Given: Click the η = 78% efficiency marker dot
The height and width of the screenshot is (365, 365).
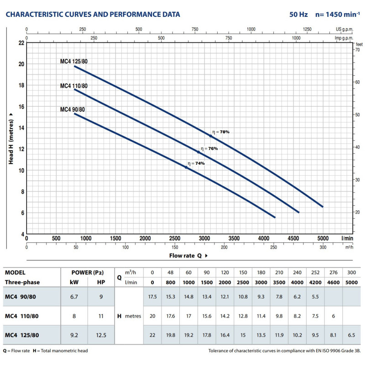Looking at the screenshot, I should click(x=211, y=136).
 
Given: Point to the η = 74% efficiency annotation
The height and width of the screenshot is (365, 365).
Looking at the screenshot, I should click(x=196, y=163).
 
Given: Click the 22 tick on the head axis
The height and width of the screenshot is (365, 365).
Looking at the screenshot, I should click(x=21, y=43).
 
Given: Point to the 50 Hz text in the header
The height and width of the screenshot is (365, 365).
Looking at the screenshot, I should click(x=298, y=15).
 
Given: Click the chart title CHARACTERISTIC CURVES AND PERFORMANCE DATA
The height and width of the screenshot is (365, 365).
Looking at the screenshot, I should click(x=93, y=15).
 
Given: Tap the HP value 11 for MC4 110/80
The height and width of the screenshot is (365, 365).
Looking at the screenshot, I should click(x=101, y=316).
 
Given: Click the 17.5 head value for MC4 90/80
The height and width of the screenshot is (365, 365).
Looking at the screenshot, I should click(x=152, y=297).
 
